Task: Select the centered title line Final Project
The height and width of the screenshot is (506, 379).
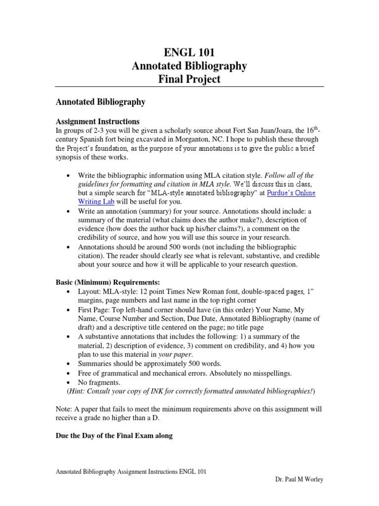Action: point(189,79)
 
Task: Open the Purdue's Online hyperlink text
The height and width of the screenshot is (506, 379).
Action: point(291,193)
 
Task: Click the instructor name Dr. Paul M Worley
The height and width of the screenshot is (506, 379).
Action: point(299,480)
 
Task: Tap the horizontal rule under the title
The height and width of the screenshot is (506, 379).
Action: point(189,87)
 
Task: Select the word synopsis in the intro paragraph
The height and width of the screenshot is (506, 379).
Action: point(69,157)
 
